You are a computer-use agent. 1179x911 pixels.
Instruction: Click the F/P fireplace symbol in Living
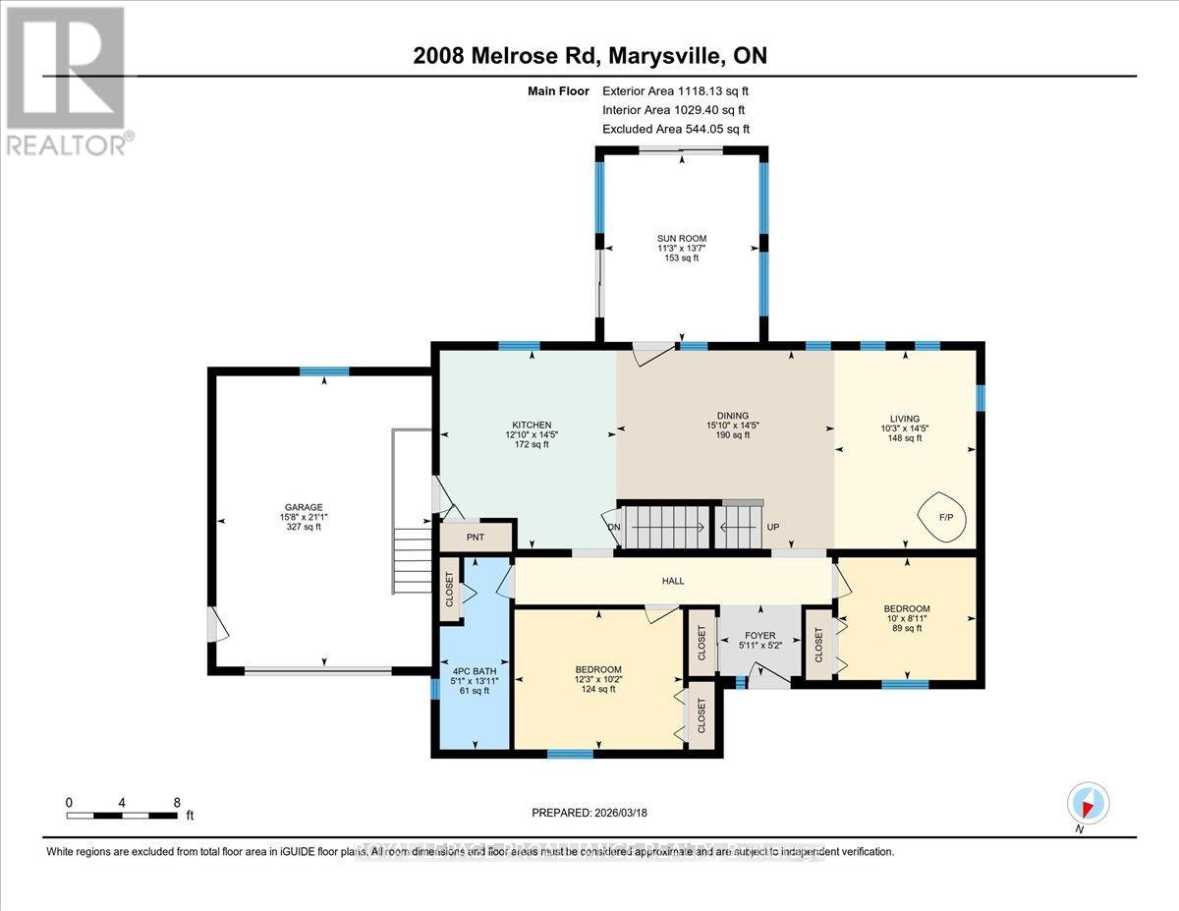pyautogui.click(x=934, y=514)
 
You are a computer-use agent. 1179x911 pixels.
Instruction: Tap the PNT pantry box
pyautogui.click(x=476, y=538)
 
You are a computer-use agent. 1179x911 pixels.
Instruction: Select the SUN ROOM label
pyautogui.click(x=682, y=238)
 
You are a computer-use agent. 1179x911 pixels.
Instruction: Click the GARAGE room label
pyautogui.click(x=304, y=507)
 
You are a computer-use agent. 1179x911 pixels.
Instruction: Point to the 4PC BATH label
pyautogui.click(x=468, y=671)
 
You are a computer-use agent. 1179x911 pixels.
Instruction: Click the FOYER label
pyautogui.click(x=761, y=635)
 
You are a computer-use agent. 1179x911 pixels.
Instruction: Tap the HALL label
pyautogui.click(x=673, y=581)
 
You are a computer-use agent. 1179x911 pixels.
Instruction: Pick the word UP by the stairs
pyautogui.click(x=773, y=528)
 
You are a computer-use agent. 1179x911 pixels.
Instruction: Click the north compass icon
pyautogui.click(x=1088, y=803)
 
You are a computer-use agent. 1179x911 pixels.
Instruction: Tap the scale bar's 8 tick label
pyautogui.click(x=176, y=802)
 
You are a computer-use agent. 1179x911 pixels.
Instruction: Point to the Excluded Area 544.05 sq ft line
pyautogui.click(x=675, y=129)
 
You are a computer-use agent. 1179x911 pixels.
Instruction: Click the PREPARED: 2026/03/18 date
pyautogui.click(x=589, y=813)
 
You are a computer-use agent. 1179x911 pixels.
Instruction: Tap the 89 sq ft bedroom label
pyautogui.click(x=906, y=629)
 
